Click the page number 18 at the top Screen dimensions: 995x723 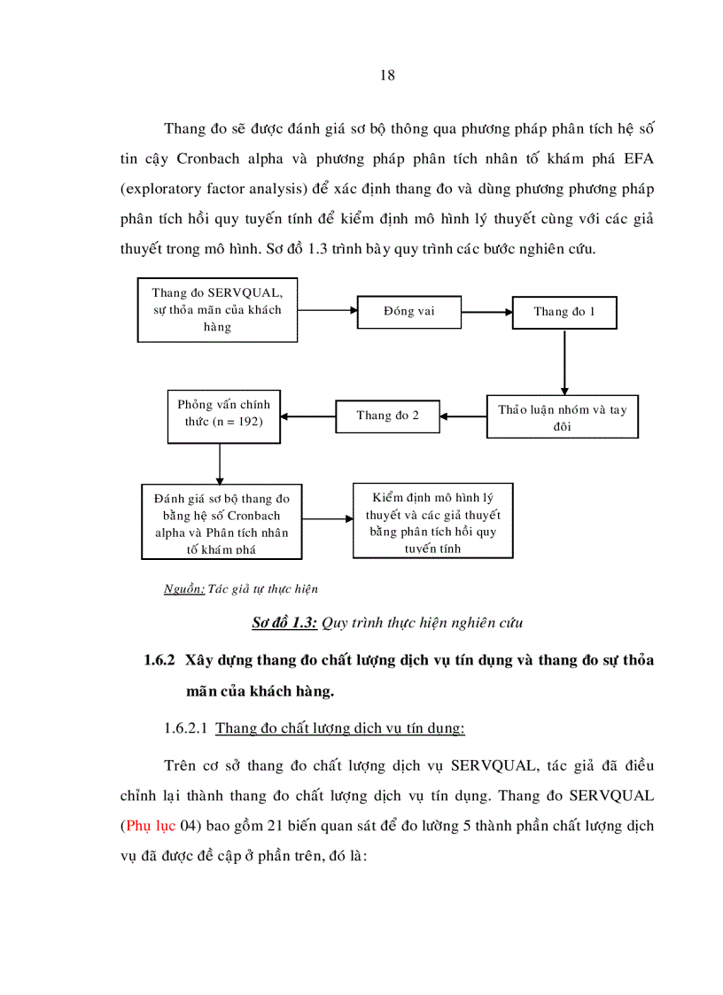tap(387, 75)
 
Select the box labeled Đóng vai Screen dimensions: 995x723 tap(409, 312)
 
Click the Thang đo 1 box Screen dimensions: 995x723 tap(564, 312)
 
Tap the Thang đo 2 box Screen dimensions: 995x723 tap(388, 416)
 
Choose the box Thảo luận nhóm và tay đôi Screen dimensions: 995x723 tap(562, 417)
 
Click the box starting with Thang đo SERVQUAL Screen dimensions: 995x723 tap(216, 309)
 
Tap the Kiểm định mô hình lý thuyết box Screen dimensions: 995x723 tap(432, 520)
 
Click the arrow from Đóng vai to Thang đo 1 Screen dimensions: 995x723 tap(486, 312)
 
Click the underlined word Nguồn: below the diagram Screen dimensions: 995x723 tap(184, 588)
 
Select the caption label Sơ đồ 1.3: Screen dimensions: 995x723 tap(284, 622)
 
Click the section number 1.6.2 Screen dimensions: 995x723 tap(162, 661)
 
